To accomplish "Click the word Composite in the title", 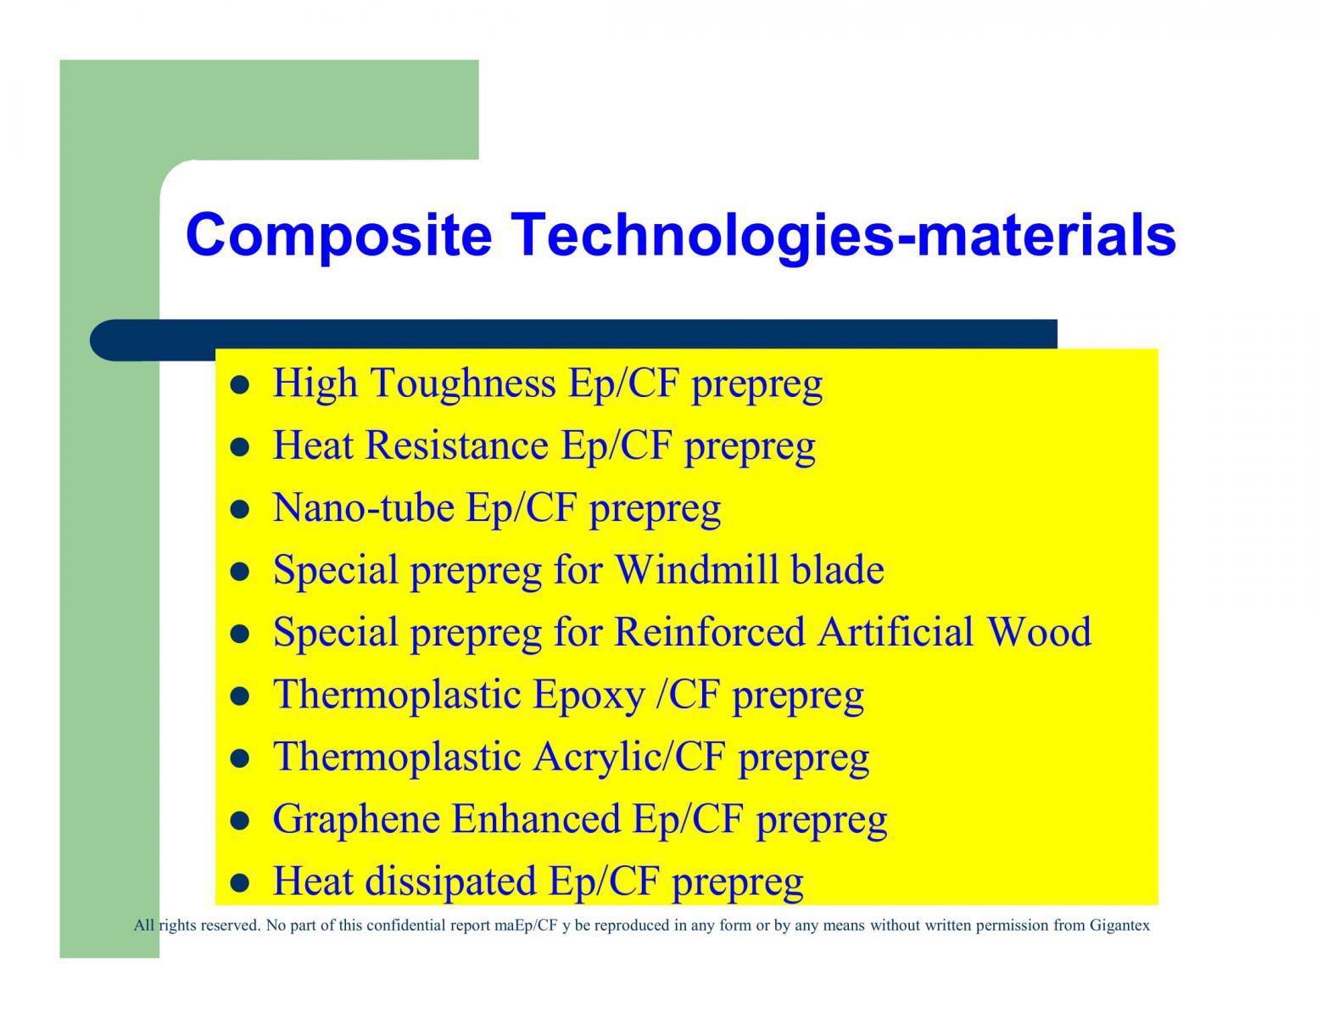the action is click(x=339, y=237).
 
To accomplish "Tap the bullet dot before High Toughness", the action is click(x=240, y=385).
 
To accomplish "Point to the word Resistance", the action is click(x=457, y=445).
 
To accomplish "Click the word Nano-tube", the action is click(x=364, y=507).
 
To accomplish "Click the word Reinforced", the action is click(x=710, y=632).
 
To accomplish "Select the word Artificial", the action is click(x=896, y=632).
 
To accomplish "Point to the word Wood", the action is click(x=1040, y=632).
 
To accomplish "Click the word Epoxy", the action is click(x=589, y=696).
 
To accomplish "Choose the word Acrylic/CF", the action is click(x=629, y=758).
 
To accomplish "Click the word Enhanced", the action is click(x=536, y=819).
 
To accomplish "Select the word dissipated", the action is click(x=451, y=882).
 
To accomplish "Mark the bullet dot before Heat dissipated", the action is click(x=240, y=883).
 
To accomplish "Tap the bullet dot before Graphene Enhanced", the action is click(x=240, y=821).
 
